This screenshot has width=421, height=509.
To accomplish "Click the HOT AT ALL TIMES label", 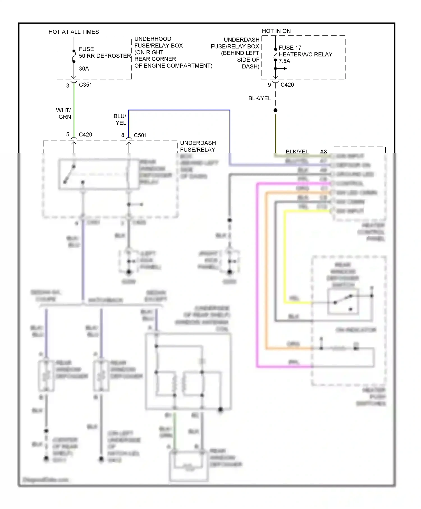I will click(x=74, y=32).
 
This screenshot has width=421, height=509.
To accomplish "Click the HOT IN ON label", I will click(x=276, y=31).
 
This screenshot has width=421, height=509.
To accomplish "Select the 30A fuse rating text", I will click(x=84, y=68).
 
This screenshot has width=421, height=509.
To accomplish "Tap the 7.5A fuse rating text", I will click(x=284, y=61).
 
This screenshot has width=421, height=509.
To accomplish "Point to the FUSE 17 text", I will click(x=290, y=48).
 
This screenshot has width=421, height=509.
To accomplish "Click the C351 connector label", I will click(x=85, y=85).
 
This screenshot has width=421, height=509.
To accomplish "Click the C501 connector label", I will click(x=140, y=135).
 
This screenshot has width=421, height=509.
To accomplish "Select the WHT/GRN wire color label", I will click(x=64, y=113).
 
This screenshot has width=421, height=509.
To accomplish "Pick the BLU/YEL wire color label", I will click(x=120, y=120).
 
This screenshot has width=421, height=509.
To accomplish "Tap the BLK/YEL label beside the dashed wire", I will click(x=260, y=98).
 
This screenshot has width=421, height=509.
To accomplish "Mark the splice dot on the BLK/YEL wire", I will click(x=275, y=110).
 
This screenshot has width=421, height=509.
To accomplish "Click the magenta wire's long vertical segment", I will click(x=257, y=275).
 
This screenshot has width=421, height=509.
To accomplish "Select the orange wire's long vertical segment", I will click(x=266, y=269).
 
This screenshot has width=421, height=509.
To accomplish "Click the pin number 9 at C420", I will click(x=269, y=85).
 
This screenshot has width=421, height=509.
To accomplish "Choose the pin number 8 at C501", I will click(x=123, y=135).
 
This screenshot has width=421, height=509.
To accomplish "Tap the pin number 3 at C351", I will click(x=68, y=86).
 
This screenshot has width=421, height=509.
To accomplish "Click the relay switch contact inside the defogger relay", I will click(x=69, y=174).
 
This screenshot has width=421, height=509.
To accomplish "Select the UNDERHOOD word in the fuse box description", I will click(x=153, y=39).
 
